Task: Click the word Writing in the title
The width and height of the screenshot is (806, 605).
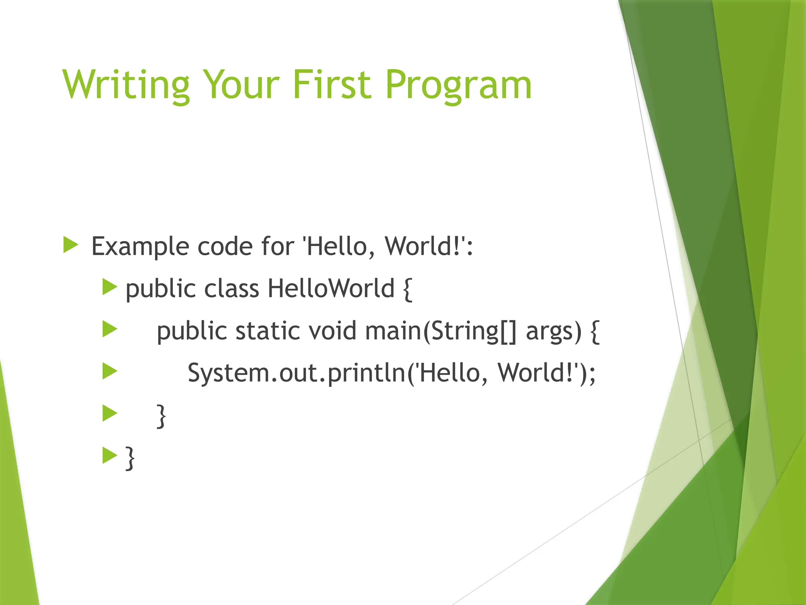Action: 126,85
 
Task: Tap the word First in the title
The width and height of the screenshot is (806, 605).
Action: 331,85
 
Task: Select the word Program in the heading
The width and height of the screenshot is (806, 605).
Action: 458,85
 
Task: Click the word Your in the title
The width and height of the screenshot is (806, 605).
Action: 241,85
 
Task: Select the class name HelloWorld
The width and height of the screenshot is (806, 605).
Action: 331,288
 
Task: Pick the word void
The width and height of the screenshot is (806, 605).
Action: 333,331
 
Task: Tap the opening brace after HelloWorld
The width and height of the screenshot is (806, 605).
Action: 408,289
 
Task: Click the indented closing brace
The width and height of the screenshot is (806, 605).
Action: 161,416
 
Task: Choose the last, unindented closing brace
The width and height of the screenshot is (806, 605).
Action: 129,458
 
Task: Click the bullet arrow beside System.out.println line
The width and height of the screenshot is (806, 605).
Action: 110,371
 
